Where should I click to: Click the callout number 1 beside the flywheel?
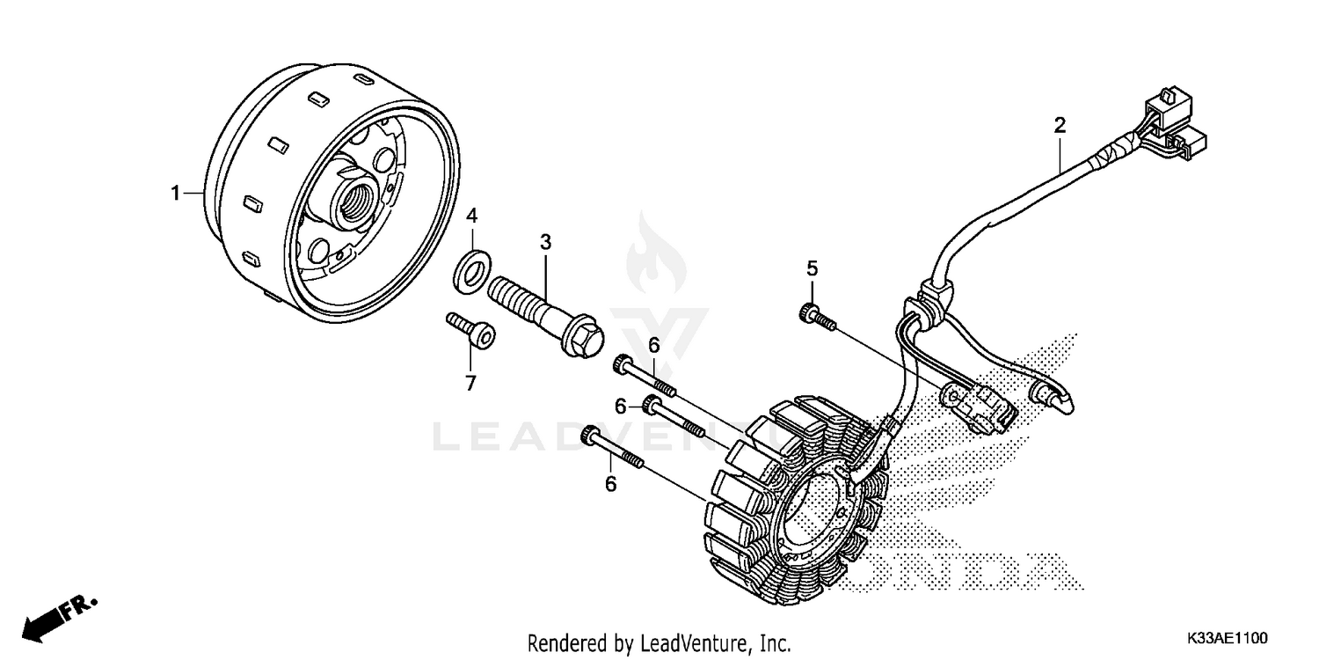(x=175, y=193)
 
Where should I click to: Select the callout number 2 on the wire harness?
(x=1060, y=124)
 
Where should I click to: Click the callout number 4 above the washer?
(x=471, y=215)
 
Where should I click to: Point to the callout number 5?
(x=812, y=268)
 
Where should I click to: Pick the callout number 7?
(x=470, y=382)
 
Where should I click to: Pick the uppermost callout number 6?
(x=653, y=346)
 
